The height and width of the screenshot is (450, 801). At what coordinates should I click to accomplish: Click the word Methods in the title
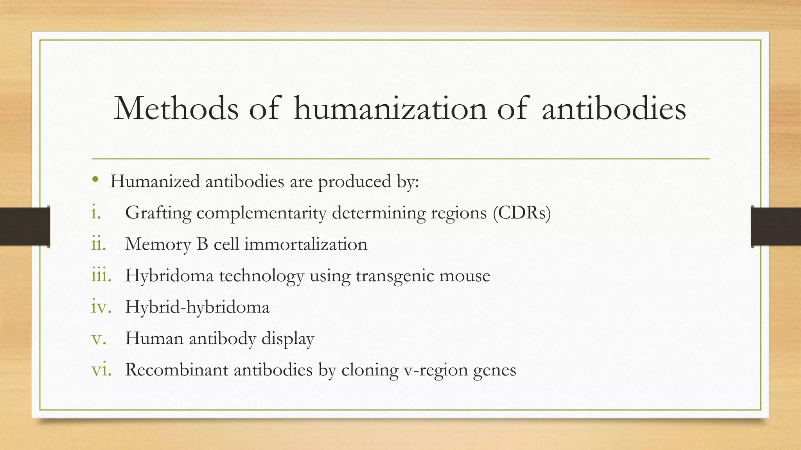176,108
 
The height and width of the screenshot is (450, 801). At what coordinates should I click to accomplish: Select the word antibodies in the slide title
614,108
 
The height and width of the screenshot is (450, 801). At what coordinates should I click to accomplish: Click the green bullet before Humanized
95,180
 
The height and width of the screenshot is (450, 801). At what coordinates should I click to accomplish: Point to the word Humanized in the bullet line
155,181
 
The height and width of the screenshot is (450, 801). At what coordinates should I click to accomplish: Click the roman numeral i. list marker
96,212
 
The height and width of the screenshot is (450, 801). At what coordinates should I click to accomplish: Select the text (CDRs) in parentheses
522,213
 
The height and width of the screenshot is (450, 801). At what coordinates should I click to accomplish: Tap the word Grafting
158,213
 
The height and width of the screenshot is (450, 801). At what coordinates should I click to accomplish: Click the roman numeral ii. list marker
98,244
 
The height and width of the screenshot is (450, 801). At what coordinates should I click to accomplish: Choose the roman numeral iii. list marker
101,275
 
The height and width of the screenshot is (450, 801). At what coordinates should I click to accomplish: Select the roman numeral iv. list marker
101,307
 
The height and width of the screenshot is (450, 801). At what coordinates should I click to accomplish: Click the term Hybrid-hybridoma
197,307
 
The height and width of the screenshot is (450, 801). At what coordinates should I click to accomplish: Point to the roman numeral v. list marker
99,338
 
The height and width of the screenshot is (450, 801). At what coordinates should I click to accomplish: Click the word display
287,338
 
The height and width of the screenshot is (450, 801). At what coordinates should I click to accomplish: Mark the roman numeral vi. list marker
101,370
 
